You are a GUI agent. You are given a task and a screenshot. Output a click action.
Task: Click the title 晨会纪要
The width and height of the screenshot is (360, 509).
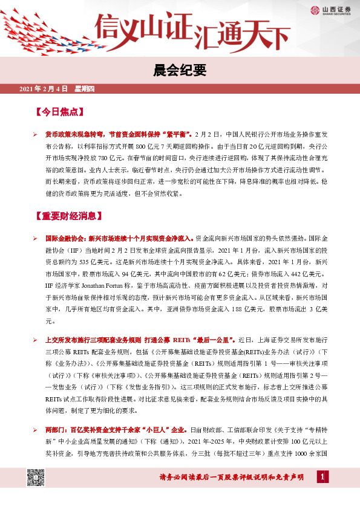click(180, 71)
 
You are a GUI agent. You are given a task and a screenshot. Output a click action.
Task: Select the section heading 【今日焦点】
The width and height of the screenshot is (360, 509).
click(60, 112)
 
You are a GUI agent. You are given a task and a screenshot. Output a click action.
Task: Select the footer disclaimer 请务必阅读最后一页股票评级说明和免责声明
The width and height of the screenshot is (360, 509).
click(231, 478)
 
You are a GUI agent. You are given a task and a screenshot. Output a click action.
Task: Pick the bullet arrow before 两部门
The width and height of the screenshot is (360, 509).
click(35, 429)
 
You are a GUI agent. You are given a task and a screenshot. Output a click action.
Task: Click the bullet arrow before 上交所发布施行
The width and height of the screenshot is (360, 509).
click(35, 340)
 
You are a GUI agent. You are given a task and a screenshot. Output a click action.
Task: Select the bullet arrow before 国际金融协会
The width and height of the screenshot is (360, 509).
click(35, 238)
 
